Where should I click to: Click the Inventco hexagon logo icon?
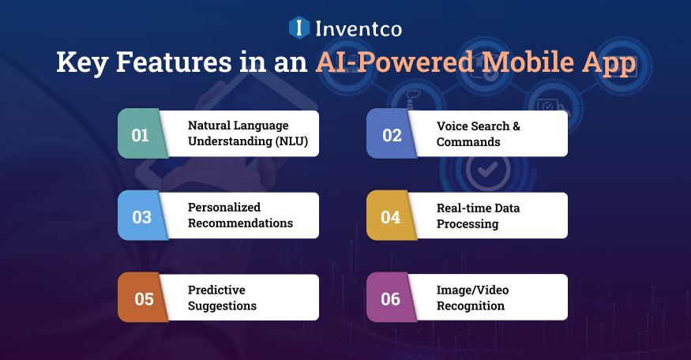[x=300, y=28]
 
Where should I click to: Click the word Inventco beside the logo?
[x=358, y=29]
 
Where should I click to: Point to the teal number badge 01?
[x=141, y=134]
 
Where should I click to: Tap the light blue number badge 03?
[x=141, y=216]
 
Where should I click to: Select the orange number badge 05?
[x=141, y=298]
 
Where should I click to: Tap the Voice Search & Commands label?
[x=479, y=134]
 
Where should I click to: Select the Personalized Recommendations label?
[x=240, y=216]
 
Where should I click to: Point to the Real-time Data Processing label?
[x=478, y=216]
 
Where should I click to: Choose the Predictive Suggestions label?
[x=223, y=298]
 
